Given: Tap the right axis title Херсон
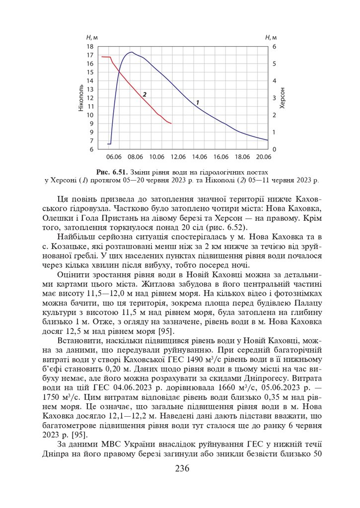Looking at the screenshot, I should click(x=283, y=97).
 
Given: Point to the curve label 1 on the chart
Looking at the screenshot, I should click(x=198, y=102).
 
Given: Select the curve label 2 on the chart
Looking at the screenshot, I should click(x=144, y=94).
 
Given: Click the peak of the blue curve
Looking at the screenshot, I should click(x=132, y=52).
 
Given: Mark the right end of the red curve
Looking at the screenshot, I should click(x=171, y=124).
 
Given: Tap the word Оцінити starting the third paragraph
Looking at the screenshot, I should click(x=73, y=274).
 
